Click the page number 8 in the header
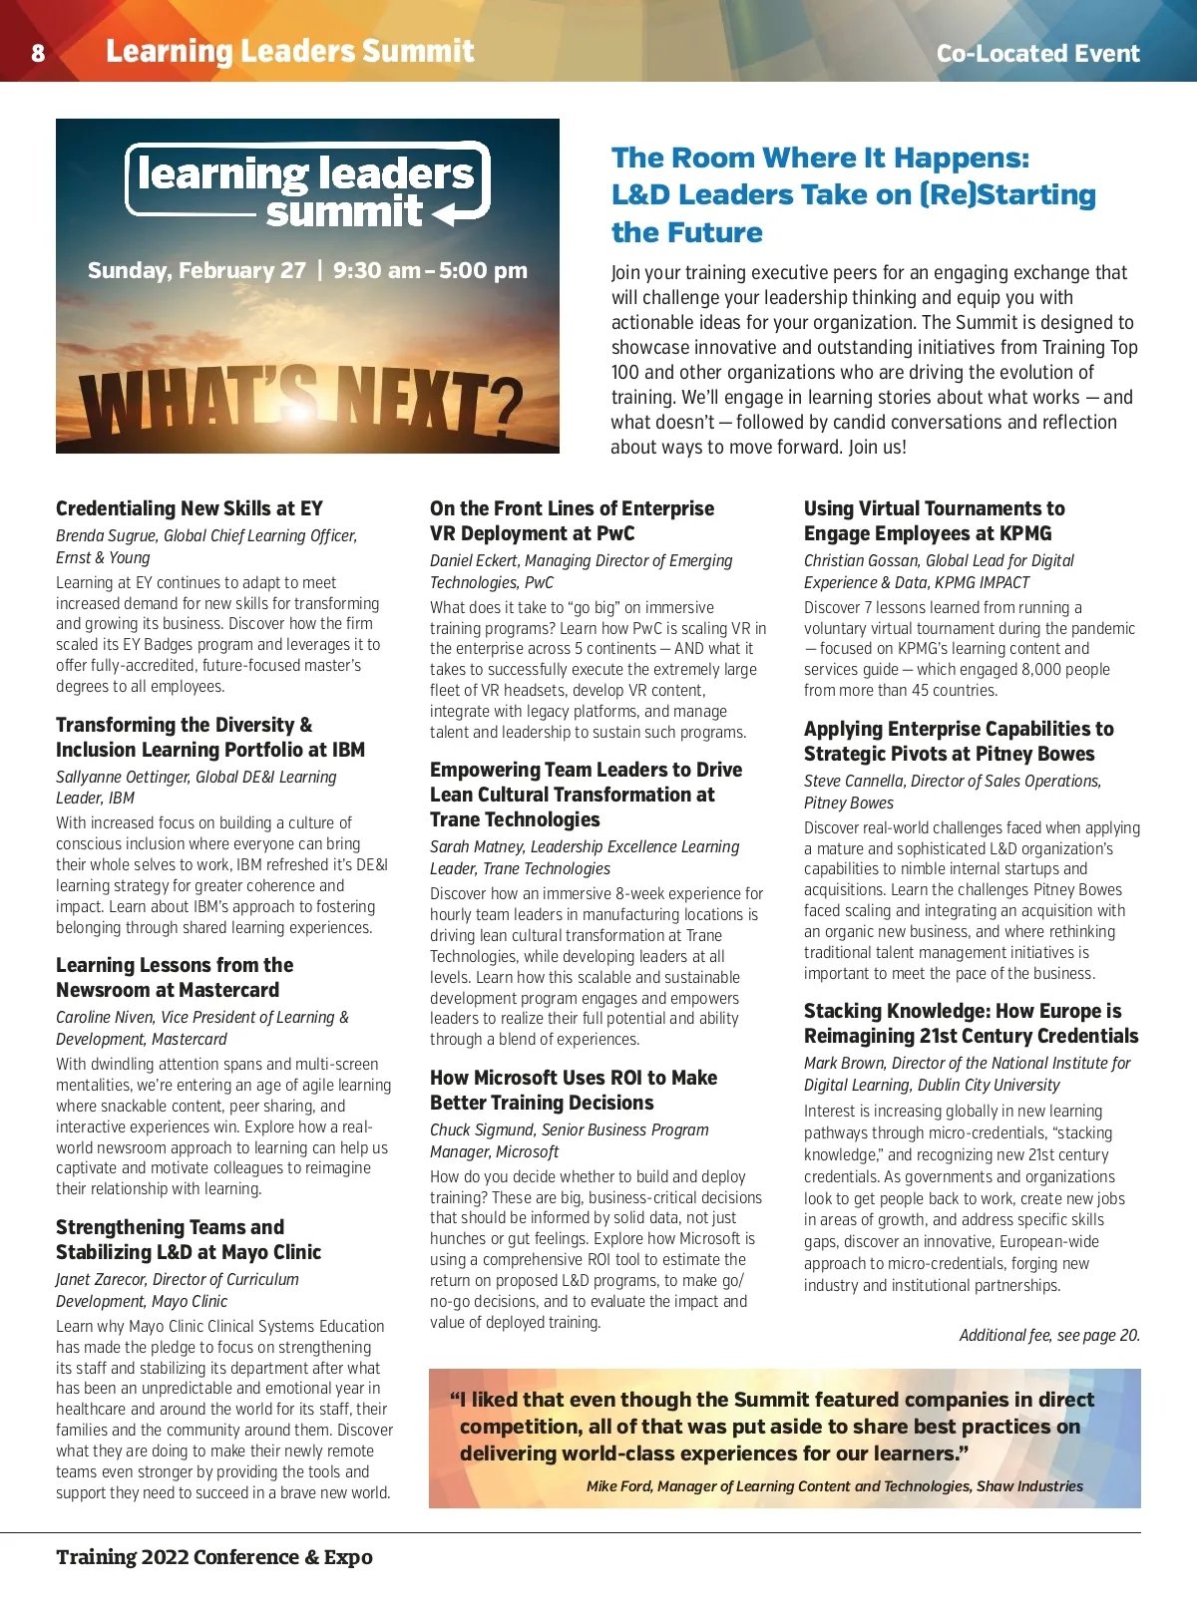(x=38, y=53)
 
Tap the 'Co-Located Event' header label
(x=1037, y=54)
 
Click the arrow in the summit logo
(x=460, y=212)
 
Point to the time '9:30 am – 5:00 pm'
(x=430, y=270)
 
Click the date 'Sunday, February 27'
(x=197, y=270)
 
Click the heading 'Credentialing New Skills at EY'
(x=190, y=508)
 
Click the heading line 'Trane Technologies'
(x=515, y=819)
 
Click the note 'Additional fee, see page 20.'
(x=1049, y=1336)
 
